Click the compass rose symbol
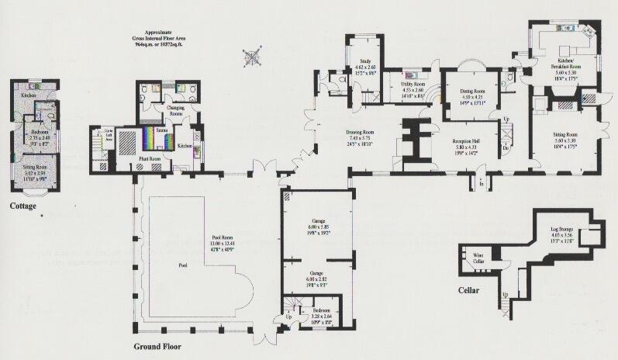[x=252, y=56]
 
